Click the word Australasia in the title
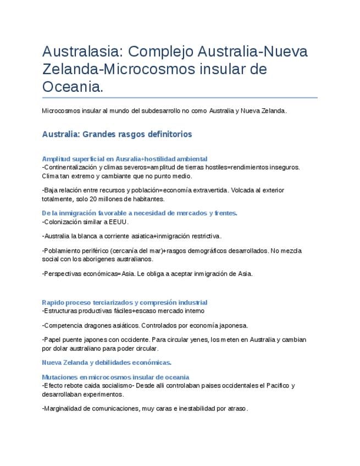(x=82, y=52)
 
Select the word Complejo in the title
(x=159, y=52)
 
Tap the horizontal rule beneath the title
(x=180, y=98)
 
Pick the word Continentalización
(x=70, y=167)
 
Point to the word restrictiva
(x=203, y=236)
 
